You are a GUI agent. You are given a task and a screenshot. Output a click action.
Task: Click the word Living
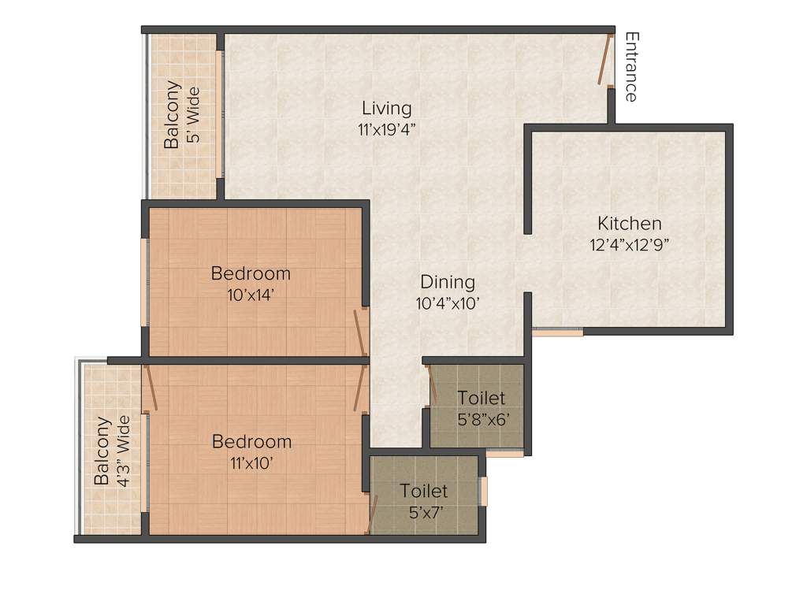[x=386, y=108]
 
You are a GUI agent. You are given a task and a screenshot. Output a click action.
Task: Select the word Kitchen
[x=629, y=223]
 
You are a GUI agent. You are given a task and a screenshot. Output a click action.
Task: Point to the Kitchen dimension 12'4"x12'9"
[x=629, y=244]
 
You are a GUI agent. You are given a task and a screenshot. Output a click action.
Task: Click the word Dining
[x=448, y=282]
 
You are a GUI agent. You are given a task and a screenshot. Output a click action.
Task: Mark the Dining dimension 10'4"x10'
[x=448, y=303]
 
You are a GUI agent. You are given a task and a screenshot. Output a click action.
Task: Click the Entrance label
[x=630, y=67]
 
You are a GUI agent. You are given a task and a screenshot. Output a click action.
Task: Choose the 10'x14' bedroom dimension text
[x=251, y=295]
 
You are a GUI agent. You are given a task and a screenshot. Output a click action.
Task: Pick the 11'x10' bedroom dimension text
[x=251, y=463]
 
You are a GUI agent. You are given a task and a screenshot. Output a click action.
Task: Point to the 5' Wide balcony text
[x=193, y=115]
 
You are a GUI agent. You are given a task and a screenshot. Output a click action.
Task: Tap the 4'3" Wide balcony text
[x=123, y=450]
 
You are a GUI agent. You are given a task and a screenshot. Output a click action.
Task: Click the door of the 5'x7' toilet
[x=373, y=514]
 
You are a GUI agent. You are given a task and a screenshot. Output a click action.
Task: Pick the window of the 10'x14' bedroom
[x=144, y=280]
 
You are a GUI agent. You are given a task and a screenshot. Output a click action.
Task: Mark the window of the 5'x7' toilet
[x=484, y=491]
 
